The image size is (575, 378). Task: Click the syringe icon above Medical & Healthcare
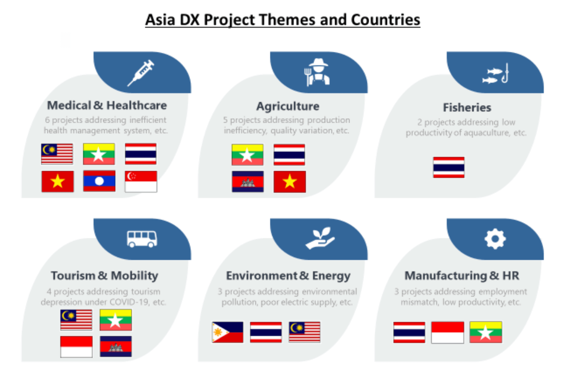point(141,73)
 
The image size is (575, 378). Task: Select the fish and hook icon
point(495,74)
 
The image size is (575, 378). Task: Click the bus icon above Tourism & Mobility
point(142,239)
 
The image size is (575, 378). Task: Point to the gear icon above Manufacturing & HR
point(495,239)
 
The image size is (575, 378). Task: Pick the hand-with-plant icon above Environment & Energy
point(320,238)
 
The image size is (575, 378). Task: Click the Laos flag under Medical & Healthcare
point(99,181)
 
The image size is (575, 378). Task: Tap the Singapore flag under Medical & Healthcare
point(141,182)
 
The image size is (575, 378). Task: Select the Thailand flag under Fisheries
point(449,167)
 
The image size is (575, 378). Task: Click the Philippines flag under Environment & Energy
point(228,332)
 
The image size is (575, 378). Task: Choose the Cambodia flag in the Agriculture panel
point(248,182)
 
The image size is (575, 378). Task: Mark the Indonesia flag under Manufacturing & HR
point(448,332)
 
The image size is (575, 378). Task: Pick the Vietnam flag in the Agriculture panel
point(289,182)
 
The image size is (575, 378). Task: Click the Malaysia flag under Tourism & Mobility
point(76,320)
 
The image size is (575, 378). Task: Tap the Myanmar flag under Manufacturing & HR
point(486,332)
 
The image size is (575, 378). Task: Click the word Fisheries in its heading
point(467,107)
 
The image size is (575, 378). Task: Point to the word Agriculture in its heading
point(288,106)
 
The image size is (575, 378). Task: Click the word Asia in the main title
point(160,20)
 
